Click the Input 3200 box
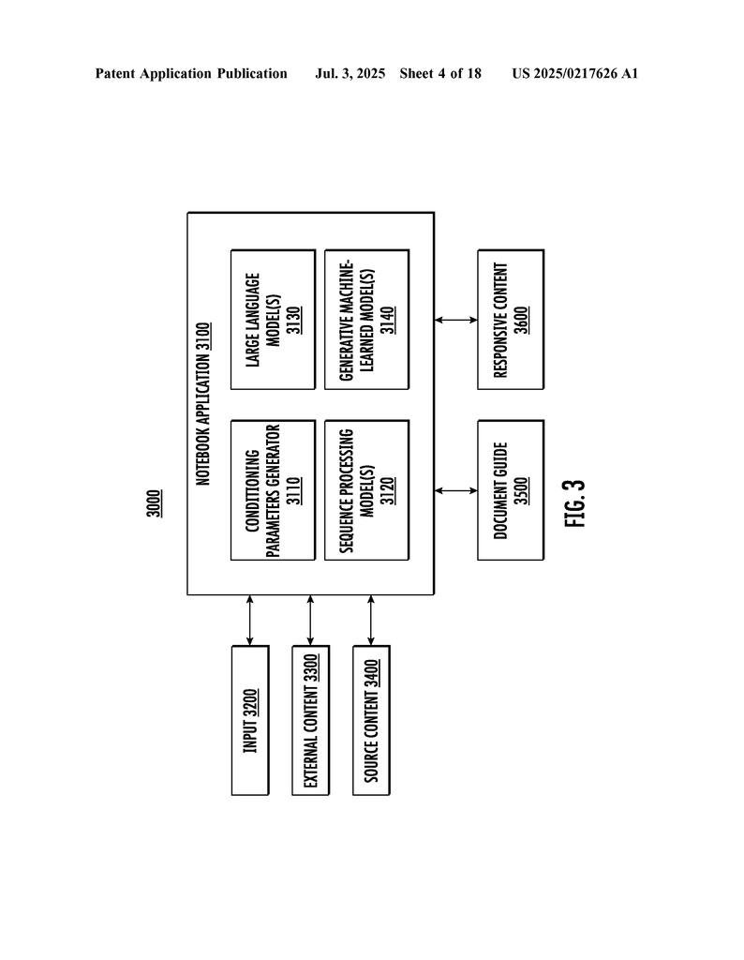(250, 721)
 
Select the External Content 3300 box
(311, 721)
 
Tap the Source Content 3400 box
(371, 721)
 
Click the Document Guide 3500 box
(511, 489)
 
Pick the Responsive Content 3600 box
(511, 320)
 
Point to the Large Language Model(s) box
(273, 320)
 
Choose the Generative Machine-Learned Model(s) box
(367, 320)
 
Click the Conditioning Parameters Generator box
(273, 489)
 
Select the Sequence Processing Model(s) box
(367, 489)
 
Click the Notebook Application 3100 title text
(203, 404)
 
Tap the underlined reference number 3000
(155, 503)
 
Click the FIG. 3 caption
(575, 503)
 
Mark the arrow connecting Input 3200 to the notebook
(250, 621)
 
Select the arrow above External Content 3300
(311, 621)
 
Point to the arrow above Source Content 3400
(371, 621)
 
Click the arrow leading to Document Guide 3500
(455, 490)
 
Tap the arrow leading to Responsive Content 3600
(455, 320)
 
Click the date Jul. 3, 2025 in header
(350, 74)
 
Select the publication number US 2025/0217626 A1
(575, 74)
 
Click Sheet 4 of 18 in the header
(440, 74)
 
